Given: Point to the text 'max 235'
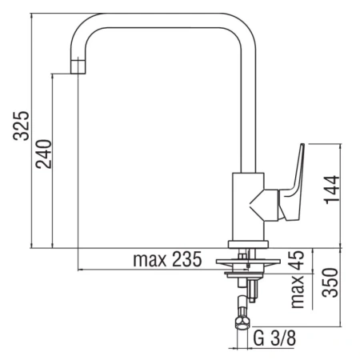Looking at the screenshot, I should coord(165,260).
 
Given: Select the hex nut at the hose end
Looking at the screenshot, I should coord(239,322).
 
